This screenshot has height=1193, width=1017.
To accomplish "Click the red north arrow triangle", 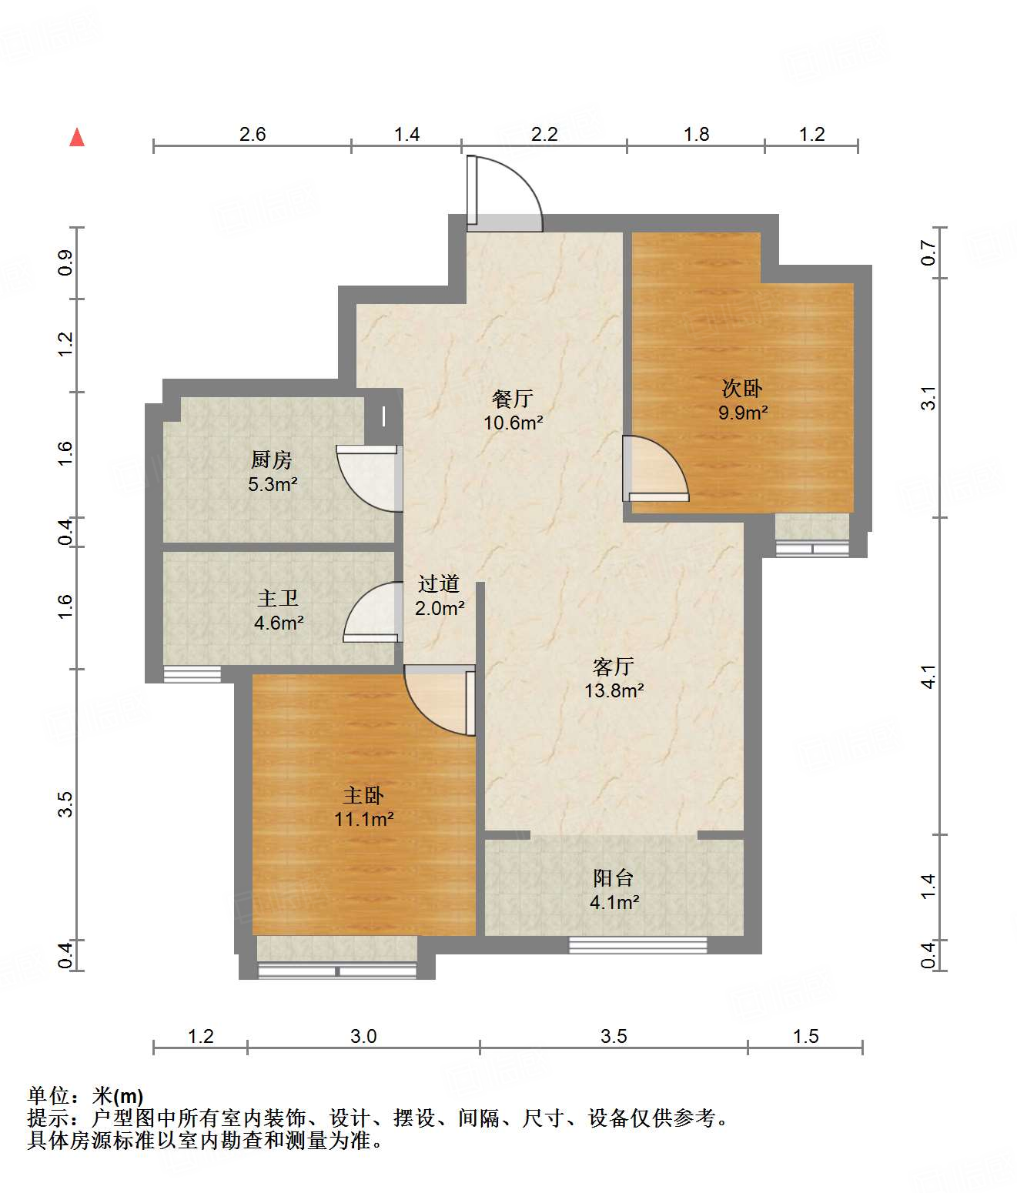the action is [x=77, y=138].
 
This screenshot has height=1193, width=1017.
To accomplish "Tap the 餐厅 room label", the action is [x=512, y=398].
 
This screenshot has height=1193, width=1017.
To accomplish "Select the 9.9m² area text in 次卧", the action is [x=743, y=413].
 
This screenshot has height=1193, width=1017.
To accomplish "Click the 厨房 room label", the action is [x=271, y=460].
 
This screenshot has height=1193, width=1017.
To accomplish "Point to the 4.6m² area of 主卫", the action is [x=279, y=623].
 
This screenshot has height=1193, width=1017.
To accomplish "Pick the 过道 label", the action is [x=439, y=584].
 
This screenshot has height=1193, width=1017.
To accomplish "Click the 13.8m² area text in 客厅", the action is [x=614, y=690].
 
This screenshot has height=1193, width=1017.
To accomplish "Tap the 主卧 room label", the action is [x=363, y=796].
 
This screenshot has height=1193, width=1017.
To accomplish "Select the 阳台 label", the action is [x=614, y=878].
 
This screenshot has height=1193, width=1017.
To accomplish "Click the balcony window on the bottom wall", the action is [x=637, y=945].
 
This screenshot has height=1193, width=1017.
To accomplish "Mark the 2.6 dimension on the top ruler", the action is [x=253, y=134].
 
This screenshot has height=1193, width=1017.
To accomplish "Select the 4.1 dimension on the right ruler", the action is [x=928, y=676].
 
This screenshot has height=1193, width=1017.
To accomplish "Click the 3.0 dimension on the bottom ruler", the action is [x=363, y=1036].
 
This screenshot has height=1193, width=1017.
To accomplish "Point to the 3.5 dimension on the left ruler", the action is [x=65, y=804].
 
